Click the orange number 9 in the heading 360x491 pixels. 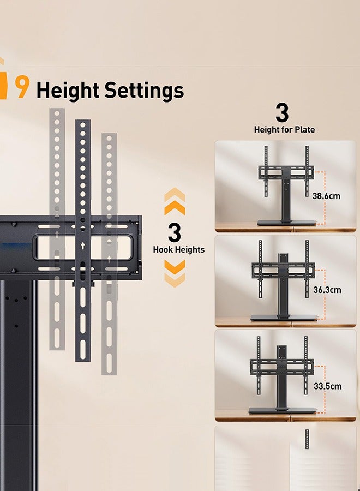(22, 88)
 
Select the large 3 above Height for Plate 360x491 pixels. (281, 113)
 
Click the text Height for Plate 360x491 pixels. (284, 130)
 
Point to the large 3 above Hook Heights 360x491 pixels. (175, 233)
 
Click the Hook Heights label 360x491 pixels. (179, 250)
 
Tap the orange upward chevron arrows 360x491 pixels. (175, 201)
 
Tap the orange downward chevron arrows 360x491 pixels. (175, 273)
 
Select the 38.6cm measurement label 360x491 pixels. (326, 196)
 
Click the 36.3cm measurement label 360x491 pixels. (327, 290)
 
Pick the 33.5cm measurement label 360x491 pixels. (327, 386)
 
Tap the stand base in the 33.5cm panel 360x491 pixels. (283, 410)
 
